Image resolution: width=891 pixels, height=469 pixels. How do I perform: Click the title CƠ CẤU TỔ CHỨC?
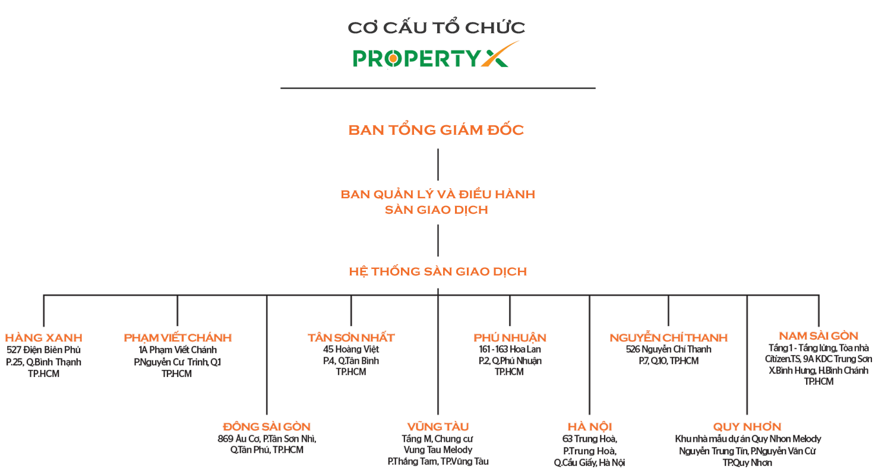437,27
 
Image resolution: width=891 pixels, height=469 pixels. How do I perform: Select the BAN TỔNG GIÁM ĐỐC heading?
437,130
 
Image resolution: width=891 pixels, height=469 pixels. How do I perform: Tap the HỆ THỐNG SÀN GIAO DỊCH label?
438,272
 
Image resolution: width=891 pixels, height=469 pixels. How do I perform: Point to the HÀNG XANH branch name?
44,338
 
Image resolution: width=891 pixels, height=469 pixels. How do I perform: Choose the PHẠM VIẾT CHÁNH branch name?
178,338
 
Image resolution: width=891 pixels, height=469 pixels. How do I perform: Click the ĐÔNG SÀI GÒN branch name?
267,427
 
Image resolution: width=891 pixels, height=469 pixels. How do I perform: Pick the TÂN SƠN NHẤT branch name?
351,338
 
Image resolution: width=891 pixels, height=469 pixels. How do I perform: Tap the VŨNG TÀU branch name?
438,427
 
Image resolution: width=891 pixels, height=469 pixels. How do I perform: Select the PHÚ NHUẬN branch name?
510,338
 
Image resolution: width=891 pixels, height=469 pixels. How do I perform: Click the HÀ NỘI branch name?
590,427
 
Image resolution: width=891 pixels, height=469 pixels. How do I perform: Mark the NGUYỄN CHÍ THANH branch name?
668,338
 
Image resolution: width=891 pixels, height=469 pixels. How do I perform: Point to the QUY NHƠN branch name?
747,427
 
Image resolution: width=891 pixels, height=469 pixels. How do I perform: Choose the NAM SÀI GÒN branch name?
819,336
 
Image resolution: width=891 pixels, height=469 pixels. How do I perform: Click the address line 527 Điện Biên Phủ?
43,350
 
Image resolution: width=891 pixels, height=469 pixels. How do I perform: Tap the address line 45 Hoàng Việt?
351,350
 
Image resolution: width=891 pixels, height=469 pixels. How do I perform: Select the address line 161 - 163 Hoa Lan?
510,350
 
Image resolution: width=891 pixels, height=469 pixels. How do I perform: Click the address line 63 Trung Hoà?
590,439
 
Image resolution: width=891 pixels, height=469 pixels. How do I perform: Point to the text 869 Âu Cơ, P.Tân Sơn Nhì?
267,439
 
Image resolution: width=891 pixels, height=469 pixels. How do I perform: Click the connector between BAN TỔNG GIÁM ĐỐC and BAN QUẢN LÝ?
438,164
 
